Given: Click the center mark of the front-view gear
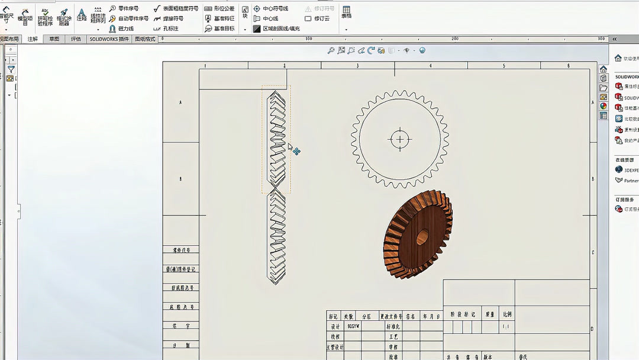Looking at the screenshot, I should point(400,140).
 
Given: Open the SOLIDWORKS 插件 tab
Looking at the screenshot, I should point(109,39).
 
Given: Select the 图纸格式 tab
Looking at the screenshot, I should point(145,39).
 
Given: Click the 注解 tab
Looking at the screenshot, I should point(33,39).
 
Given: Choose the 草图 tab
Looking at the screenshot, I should point(54,39).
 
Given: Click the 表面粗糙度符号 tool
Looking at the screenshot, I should point(176,9).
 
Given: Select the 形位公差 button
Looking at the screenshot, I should point(220,9).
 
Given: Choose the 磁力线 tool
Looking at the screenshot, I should point(121,28).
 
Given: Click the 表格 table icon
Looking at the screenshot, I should point(346,11).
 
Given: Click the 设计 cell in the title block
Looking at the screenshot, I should point(335,326).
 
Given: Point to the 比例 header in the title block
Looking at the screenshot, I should point(507,315).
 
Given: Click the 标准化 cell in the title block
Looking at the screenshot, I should point(393,326).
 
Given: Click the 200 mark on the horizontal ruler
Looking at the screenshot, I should point(454,39).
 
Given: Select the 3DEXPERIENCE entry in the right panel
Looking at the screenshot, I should point(627,170).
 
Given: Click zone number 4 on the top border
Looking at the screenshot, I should point(430,66).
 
